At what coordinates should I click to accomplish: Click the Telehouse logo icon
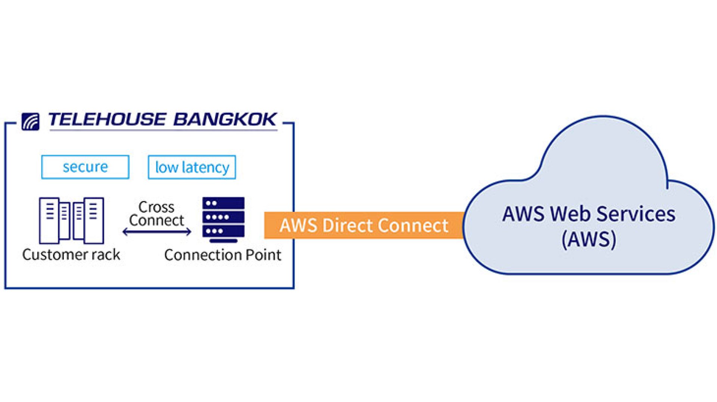(x=30, y=122)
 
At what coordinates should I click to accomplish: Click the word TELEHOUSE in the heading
(x=107, y=120)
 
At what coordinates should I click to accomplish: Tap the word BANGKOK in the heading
(x=225, y=120)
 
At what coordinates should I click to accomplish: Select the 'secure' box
(x=85, y=167)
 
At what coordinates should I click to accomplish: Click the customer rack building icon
(x=71, y=220)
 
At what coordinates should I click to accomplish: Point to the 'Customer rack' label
(x=71, y=255)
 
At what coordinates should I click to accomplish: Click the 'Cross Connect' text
(x=156, y=214)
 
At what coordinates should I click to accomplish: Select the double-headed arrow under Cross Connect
(x=157, y=232)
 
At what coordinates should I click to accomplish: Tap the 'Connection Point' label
(x=223, y=255)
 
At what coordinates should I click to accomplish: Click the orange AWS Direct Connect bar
(x=364, y=225)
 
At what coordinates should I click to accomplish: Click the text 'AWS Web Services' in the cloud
(x=589, y=214)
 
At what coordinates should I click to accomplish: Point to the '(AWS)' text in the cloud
(x=589, y=239)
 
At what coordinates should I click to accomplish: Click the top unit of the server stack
(x=223, y=203)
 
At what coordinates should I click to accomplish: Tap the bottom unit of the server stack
(x=223, y=231)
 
